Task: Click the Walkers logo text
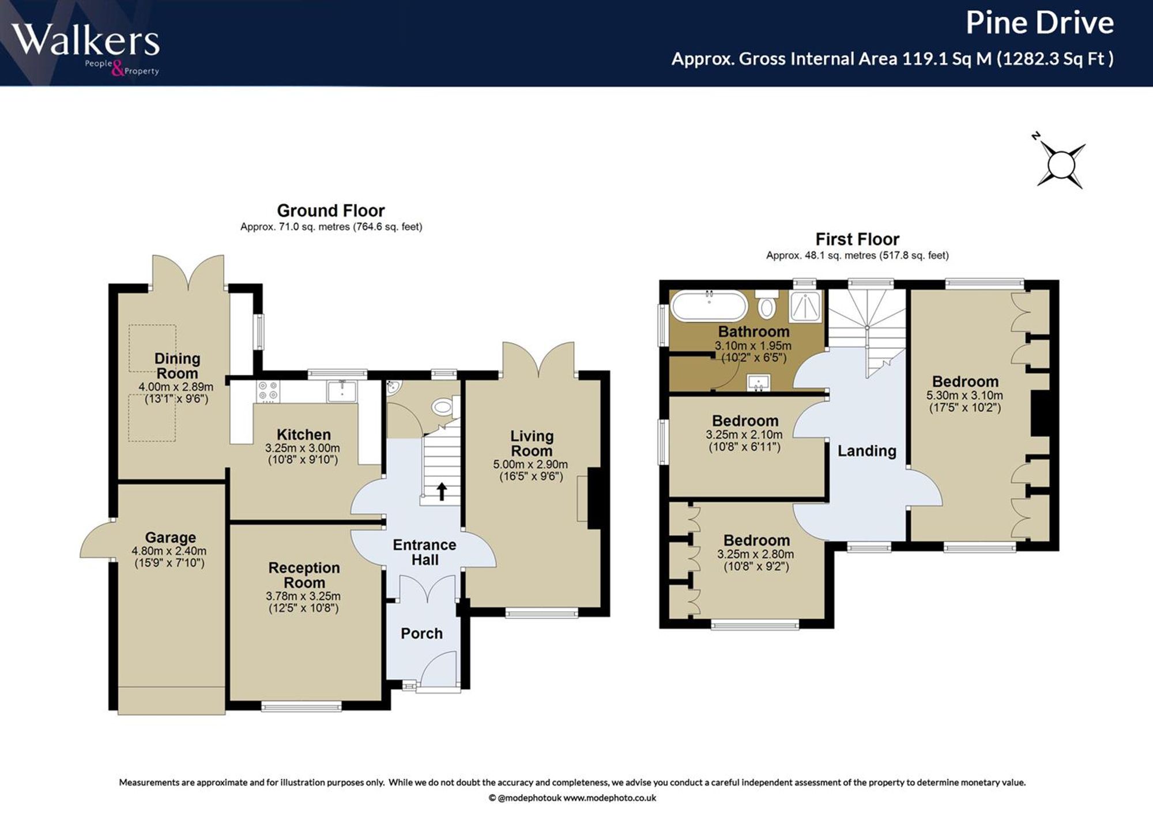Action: tap(85, 40)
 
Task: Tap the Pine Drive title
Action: tap(1039, 23)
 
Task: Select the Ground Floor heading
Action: tap(330, 210)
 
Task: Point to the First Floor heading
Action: tap(857, 239)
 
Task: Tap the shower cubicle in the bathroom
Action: tap(806, 306)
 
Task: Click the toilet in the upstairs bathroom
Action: tap(766, 304)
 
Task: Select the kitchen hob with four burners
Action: tap(269, 391)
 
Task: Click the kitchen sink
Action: tap(342, 391)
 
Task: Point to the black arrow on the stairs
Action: tap(442, 491)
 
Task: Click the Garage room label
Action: tap(170, 537)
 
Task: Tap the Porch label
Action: tap(421, 633)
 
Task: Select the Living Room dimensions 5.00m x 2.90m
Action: tap(530, 464)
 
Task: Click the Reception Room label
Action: tap(304, 575)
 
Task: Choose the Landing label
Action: tap(866, 451)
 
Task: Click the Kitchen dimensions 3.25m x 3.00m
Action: tap(303, 448)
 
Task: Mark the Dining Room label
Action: tap(178, 366)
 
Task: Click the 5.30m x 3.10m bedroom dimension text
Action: tap(964, 396)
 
